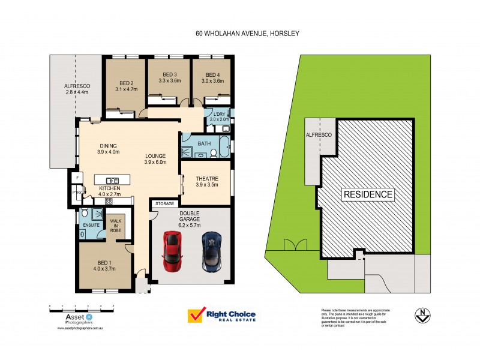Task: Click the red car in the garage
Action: tap(171, 251)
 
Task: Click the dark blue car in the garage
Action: tap(211, 251)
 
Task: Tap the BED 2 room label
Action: tap(126, 83)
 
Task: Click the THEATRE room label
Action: tap(206, 178)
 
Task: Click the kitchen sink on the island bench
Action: tap(112, 180)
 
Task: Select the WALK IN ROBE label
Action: tap(115, 225)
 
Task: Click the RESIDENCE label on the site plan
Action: tap(368, 194)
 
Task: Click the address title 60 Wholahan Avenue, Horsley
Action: tap(247, 34)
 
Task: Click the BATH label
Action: tap(204, 143)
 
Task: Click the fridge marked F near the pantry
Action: tap(77, 178)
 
